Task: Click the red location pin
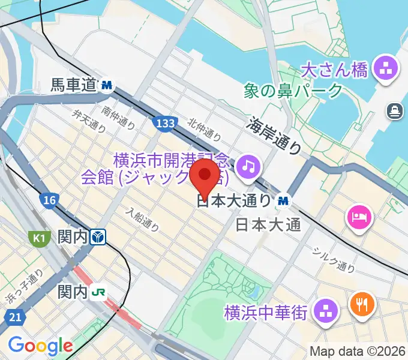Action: click(x=205, y=178)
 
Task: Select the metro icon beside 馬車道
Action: click(x=107, y=86)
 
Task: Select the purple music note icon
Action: click(x=248, y=166)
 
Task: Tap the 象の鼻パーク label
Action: click(x=293, y=92)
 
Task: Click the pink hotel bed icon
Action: click(x=361, y=215)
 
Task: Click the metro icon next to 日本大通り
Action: click(x=284, y=200)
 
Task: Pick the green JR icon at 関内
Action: click(x=99, y=293)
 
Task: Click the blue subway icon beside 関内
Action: click(x=99, y=238)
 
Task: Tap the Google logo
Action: click(x=40, y=346)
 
